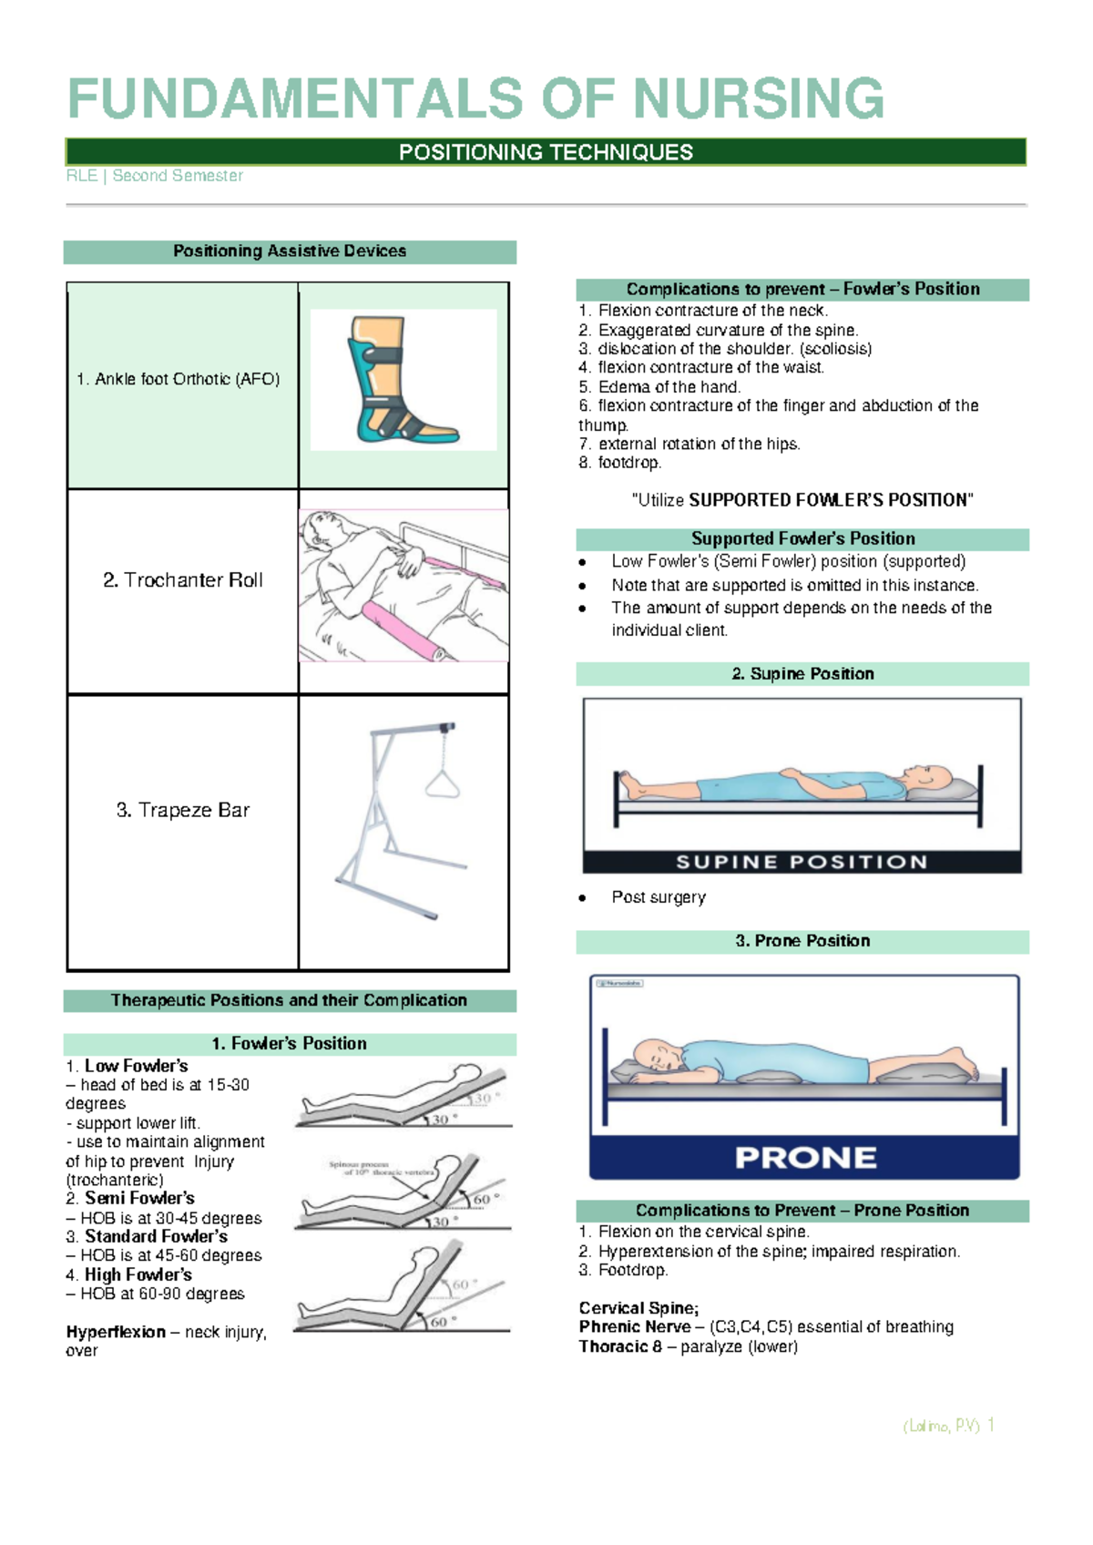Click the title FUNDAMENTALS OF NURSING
[x=475, y=98]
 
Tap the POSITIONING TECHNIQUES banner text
[x=546, y=152]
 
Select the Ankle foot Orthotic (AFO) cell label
[x=178, y=379]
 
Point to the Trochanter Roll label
[x=182, y=580]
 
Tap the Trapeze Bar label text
[x=182, y=810]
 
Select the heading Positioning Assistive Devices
[x=290, y=251]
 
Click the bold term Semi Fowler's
[x=139, y=1198]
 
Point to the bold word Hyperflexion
[x=116, y=1332]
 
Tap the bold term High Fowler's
[x=138, y=1274]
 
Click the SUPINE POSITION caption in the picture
[x=802, y=862]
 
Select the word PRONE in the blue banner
[x=805, y=1158]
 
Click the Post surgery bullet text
[x=659, y=897]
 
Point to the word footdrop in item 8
[x=628, y=463]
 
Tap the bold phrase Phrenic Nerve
[x=635, y=1327]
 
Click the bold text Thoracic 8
[x=620, y=1346]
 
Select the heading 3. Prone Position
[x=802, y=941]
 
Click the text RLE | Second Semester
[x=154, y=176]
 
